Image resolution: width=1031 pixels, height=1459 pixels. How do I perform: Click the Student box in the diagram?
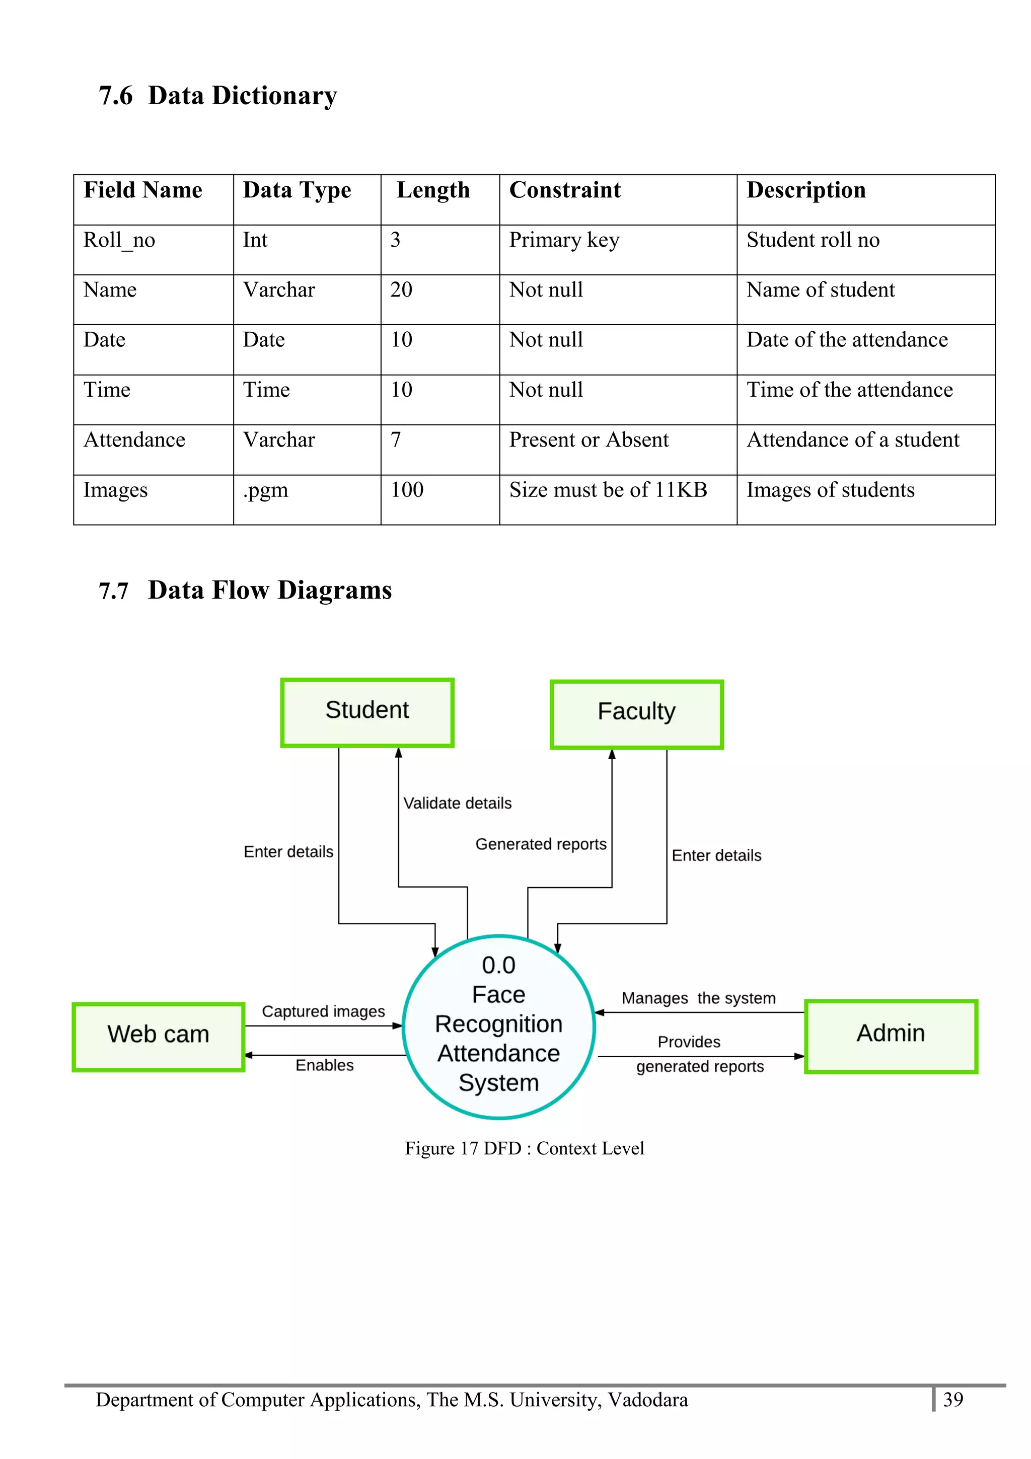click(x=367, y=712)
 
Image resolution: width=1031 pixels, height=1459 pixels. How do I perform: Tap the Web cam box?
click(x=158, y=1037)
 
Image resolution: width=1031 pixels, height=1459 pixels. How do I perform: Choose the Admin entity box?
click(x=891, y=1036)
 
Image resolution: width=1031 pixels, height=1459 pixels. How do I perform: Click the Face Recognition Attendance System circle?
click(x=499, y=1026)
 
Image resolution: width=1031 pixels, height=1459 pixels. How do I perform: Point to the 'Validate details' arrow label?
click(x=458, y=803)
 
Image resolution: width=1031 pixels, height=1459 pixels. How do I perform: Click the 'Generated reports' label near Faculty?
click(x=541, y=844)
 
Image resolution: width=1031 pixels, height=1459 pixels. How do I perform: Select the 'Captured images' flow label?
click(x=323, y=1011)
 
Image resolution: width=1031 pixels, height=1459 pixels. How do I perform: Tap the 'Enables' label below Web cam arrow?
click(x=325, y=1065)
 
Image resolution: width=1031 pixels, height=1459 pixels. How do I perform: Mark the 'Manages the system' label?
click(x=698, y=998)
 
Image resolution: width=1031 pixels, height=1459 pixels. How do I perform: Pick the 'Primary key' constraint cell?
click(x=564, y=240)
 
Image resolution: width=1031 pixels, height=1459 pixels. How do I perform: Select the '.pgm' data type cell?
click(x=265, y=490)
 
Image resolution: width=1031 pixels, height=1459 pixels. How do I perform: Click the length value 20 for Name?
click(x=401, y=290)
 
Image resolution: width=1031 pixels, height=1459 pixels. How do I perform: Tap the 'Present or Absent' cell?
click(x=589, y=440)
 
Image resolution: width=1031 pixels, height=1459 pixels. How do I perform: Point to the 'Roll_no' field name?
click(x=119, y=240)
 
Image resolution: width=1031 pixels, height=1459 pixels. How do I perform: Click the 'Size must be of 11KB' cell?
click(x=608, y=490)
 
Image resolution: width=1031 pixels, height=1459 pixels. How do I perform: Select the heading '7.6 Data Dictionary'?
click(x=218, y=96)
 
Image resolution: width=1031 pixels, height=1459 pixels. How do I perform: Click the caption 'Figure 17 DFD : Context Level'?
click(x=524, y=1148)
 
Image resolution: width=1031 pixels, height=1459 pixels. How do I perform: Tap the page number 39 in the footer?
click(x=953, y=1399)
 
